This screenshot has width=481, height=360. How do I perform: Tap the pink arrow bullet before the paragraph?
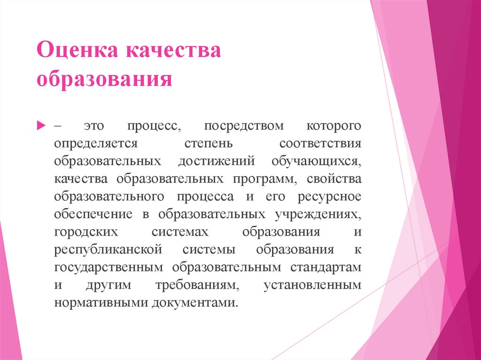[x=41, y=126]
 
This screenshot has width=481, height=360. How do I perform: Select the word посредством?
[x=244, y=126]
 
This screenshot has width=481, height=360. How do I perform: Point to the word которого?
[x=334, y=126]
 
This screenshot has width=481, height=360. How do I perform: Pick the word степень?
[x=207, y=144]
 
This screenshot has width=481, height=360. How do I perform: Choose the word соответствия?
[x=320, y=144]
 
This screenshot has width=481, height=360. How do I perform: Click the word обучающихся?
[x=316, y=161]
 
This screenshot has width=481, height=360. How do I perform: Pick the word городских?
[x=85, y=232]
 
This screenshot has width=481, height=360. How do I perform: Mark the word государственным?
[x=109, y=267]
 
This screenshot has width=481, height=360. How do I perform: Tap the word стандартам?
[x=327, y=267]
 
